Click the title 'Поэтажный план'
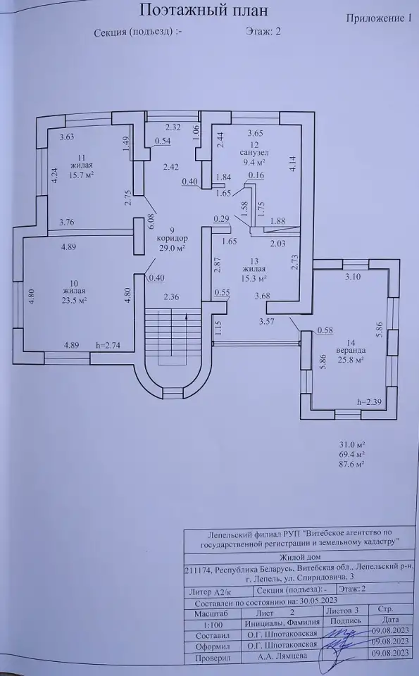click(x=204, y=11)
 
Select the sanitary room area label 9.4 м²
click(x=254, y=162)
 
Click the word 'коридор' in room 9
click(x=173, y=239)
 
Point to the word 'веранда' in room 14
click(x=351, y=351)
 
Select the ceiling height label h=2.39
click(x=370, y=402)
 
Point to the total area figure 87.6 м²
click(x=352, y=464)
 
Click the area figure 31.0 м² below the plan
click(x=352, y=444)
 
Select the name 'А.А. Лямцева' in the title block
click(x=282, y=656)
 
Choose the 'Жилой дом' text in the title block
click(x=300, y=557)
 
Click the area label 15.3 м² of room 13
click(x=254, y=278)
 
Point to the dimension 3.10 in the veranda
click(x=353, y=277)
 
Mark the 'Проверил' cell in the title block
click(x=213, y=658)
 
